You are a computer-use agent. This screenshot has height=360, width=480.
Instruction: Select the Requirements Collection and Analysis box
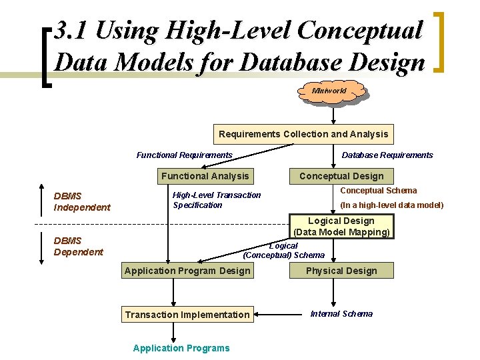[x=303, y=134]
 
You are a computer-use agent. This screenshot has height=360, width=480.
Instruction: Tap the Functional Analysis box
[x=205, y=176]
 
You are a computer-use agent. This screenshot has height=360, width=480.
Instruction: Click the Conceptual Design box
[x=341, y=176]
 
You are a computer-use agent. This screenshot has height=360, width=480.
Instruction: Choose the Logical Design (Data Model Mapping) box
[x=341, y=227]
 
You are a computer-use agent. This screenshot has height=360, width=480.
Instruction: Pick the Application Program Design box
[x=187, y=271]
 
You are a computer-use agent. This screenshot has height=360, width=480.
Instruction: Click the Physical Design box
[x=341, y=271]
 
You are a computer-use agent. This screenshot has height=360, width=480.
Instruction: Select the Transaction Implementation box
[x=187, y=315]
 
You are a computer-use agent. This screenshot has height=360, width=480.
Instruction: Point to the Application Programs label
[x=181, y=348]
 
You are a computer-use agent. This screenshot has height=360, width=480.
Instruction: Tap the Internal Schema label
[x=341, y=314]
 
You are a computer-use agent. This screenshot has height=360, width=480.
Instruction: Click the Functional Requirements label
[x=185, y=155]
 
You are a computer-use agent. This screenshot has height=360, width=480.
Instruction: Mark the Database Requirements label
[x=387, y=155]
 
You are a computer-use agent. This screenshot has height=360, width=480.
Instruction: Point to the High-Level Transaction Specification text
[x=217, y=200]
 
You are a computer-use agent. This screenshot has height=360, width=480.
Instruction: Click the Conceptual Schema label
[x=379, y=191]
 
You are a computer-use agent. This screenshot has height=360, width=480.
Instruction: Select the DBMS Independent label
[x=82, y=201]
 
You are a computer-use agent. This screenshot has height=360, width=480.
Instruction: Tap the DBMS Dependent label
[x=79, y=246]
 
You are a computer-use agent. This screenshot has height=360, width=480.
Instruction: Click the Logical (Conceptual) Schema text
[x=284, y=251]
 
